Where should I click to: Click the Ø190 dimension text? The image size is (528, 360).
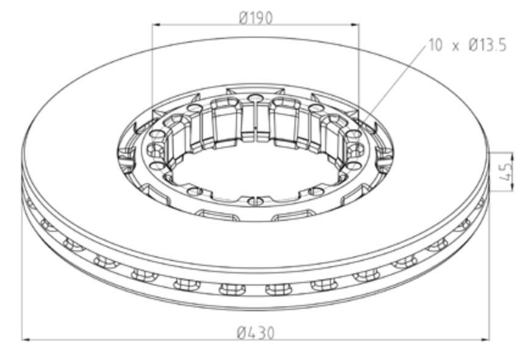(x=255, y=18)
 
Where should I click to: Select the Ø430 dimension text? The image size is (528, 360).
(x=255, y=333)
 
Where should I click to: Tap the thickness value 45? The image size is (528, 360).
(x=507, y=172)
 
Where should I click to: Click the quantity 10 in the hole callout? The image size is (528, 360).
(x=435, y=45)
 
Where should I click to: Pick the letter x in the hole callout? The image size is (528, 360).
(x=455, y=46)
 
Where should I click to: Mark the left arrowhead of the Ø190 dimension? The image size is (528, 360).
(x=157, y=24)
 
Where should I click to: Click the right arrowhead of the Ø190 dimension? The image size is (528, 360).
(x=355, y=24)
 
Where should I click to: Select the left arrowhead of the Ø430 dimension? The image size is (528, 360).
(x=26, y=340)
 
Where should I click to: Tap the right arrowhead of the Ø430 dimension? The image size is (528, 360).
(x=484, y=340)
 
